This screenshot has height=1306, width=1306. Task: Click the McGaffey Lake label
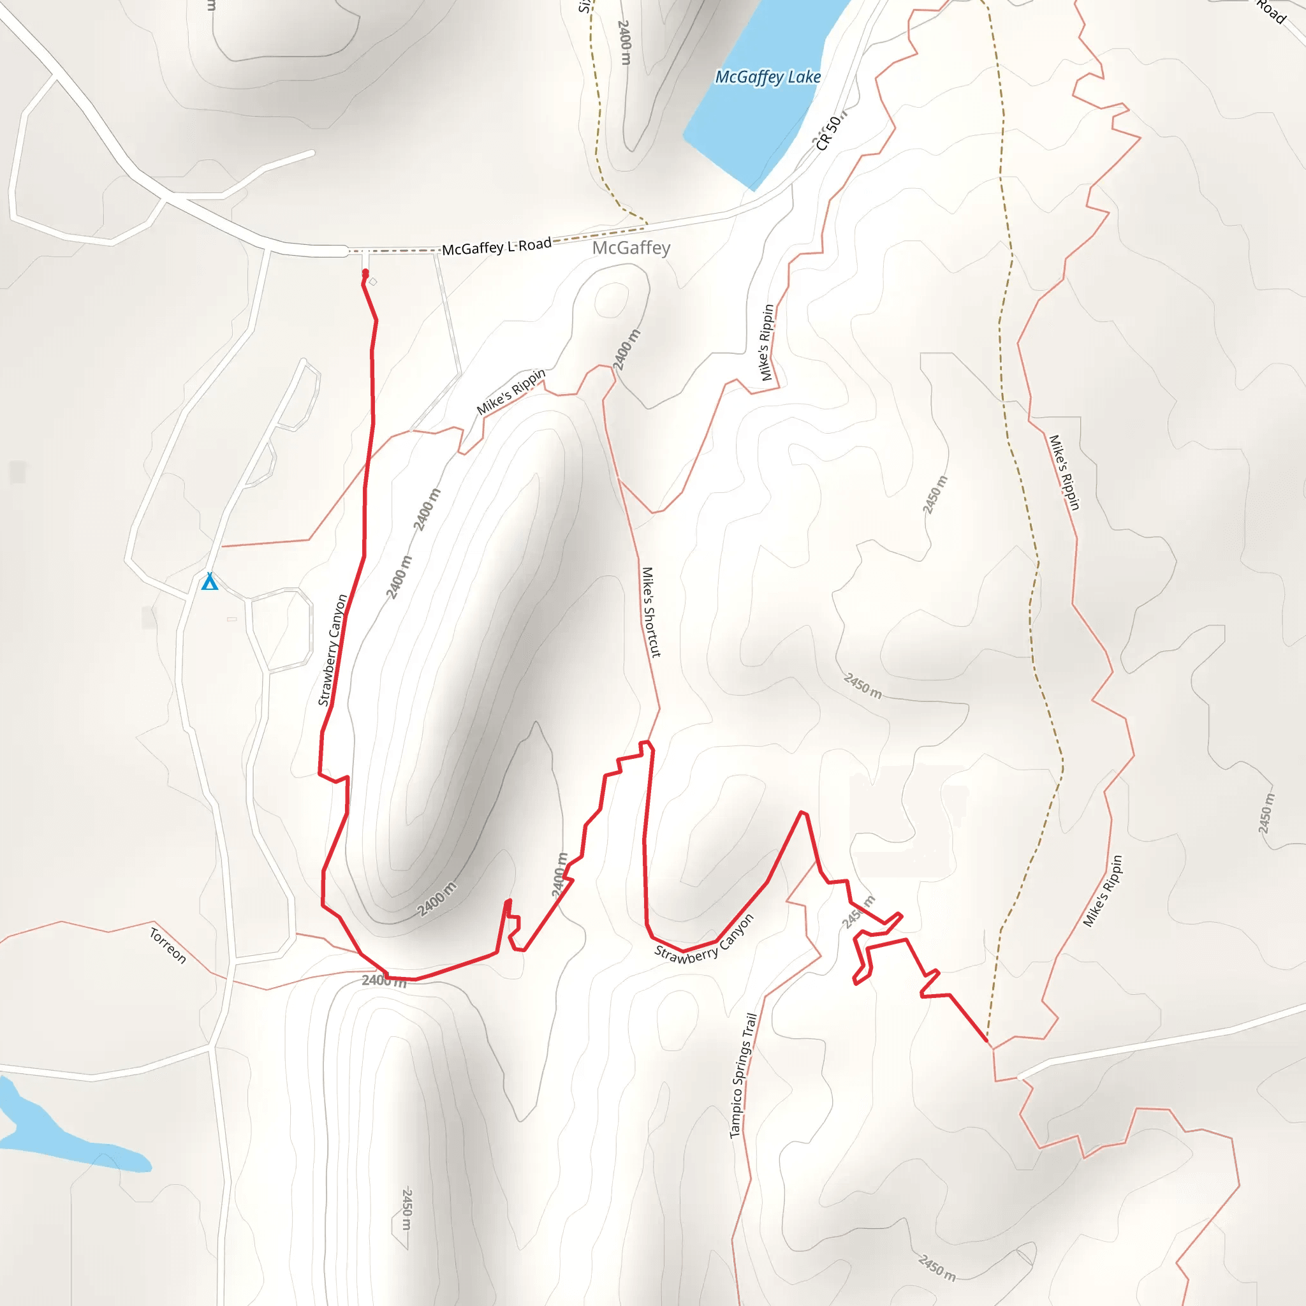(x=768, y=77)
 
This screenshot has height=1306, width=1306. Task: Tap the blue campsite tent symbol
(x=210, y=582)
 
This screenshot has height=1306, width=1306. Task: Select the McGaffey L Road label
(x=497, y=247)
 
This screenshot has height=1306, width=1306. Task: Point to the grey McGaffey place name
(x=631, y=248)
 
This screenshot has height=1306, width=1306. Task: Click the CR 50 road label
(x=829, y=132)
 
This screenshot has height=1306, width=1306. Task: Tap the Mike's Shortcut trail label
(x=650, y=612)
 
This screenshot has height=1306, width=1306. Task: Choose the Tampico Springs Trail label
(x=742, y=1075)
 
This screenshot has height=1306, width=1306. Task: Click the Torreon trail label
(x=168, y=946)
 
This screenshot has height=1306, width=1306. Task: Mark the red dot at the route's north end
(x=365, y=272)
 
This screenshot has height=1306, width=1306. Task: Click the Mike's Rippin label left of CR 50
(x=767, y=342)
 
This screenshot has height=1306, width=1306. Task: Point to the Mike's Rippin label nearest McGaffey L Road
(x=510, y=392)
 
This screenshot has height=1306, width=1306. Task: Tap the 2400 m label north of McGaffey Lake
(x=624, y=42)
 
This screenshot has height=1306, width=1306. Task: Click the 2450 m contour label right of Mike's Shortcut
(x=863, y=686)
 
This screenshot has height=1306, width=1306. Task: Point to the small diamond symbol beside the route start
(x=373, y=281)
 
